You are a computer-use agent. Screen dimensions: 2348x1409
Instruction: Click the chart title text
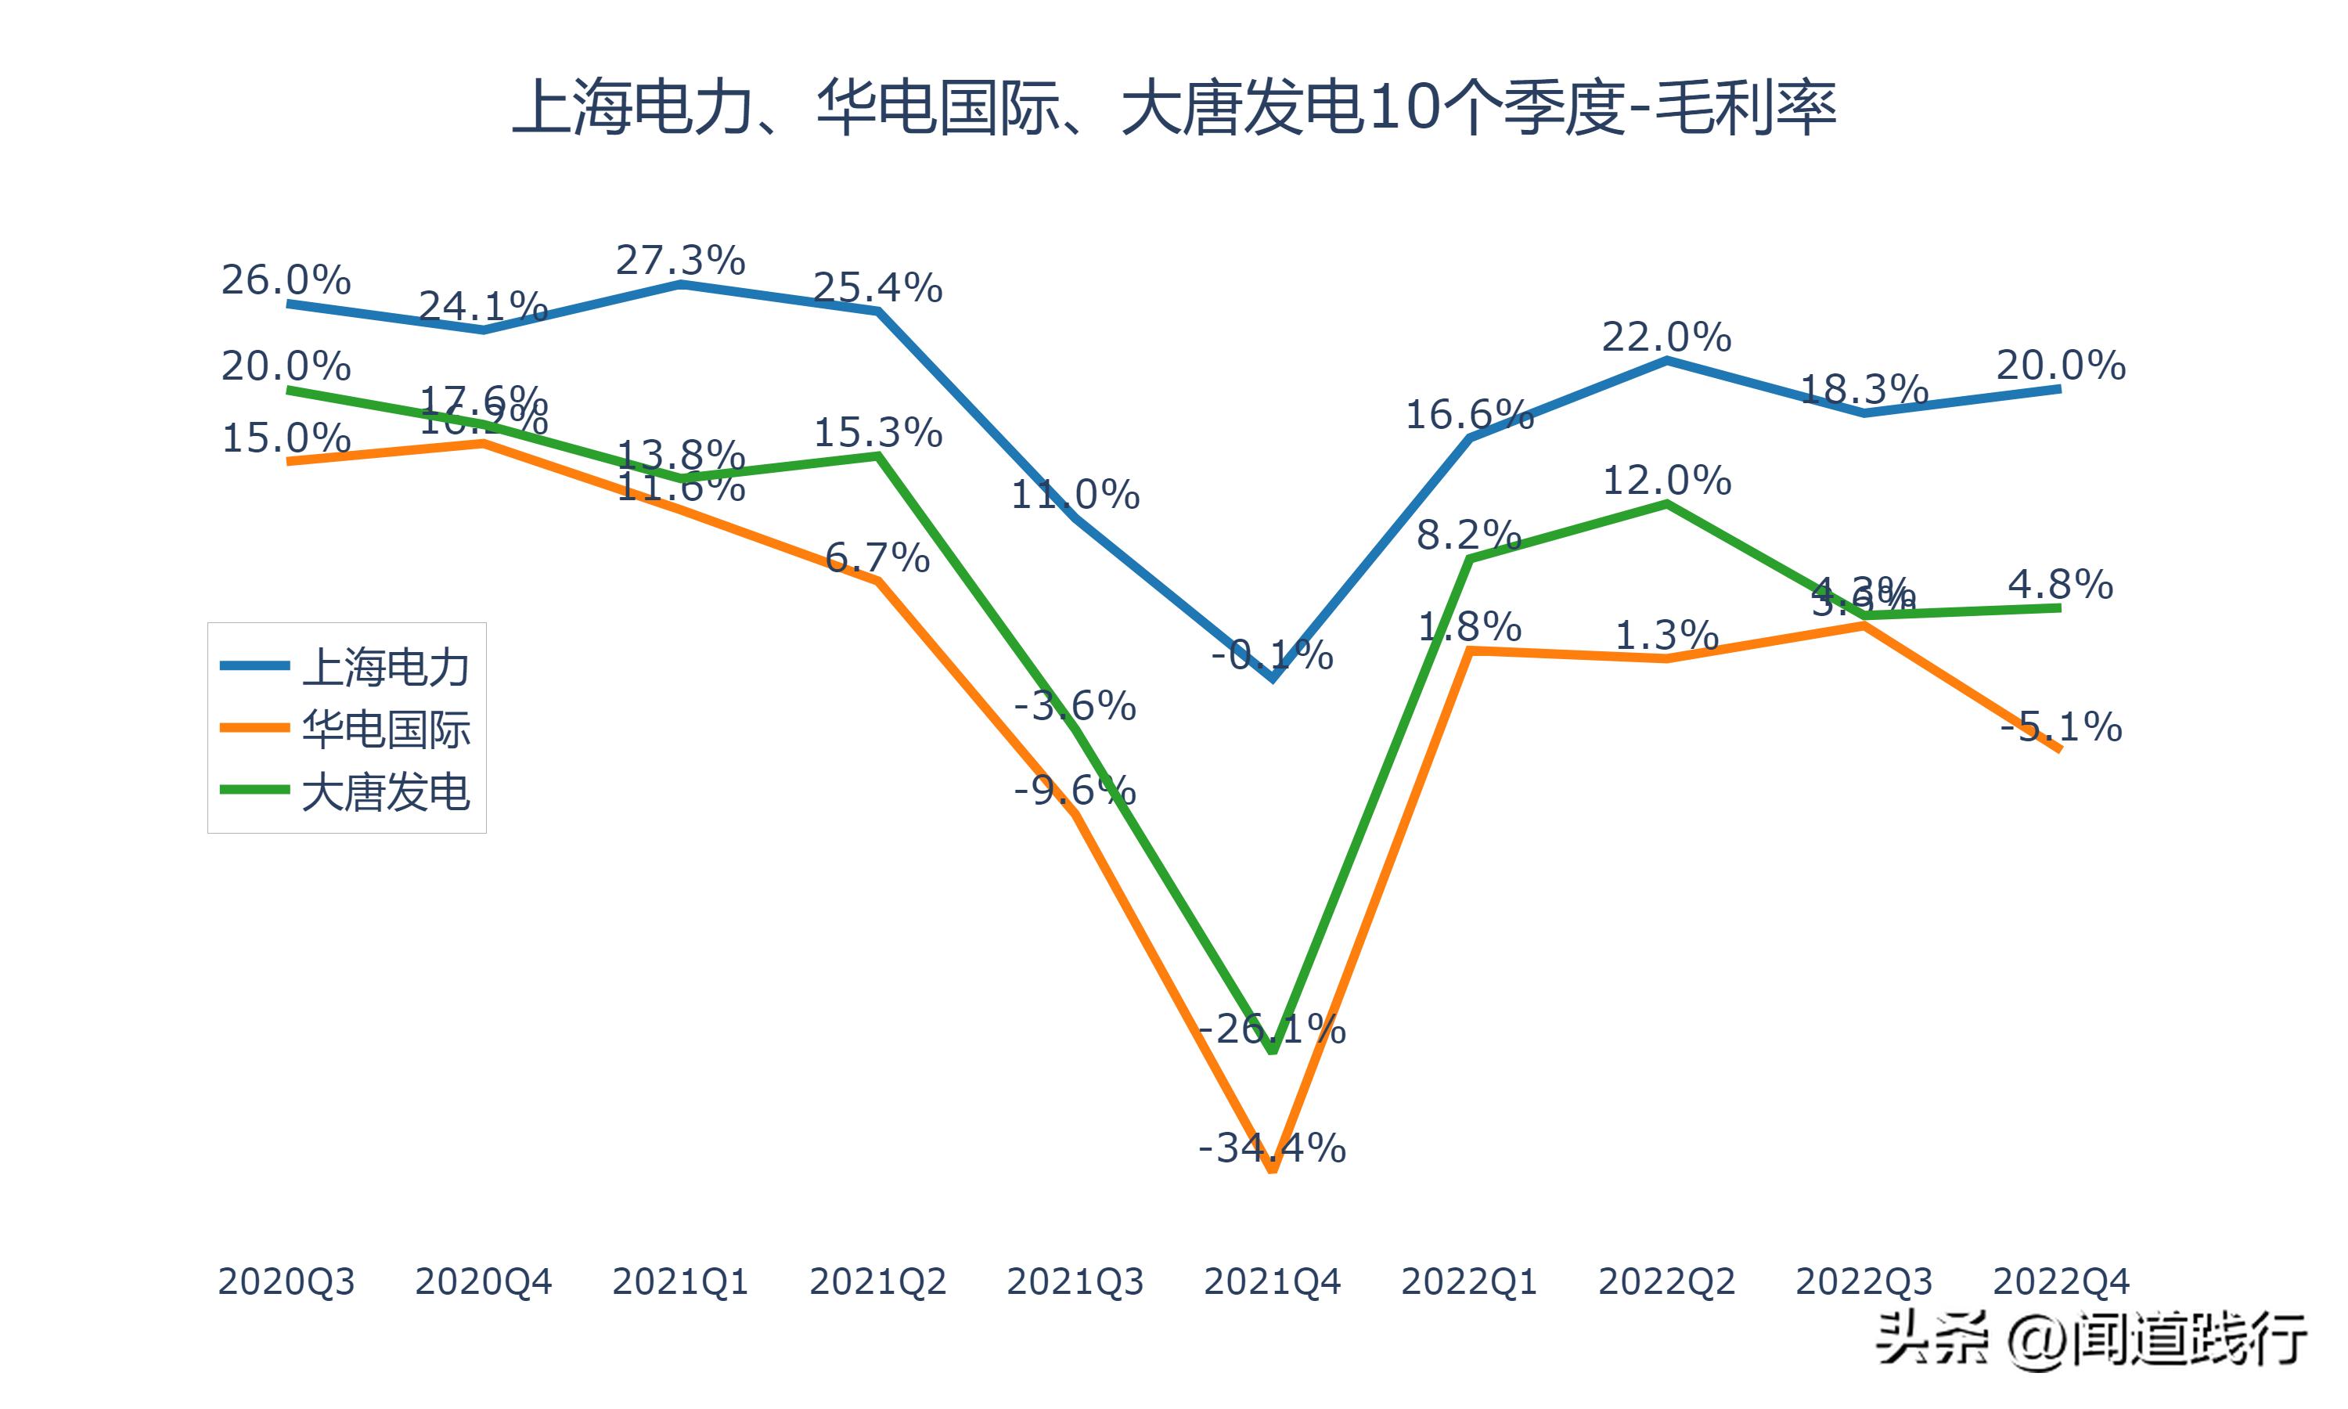click(1174, 108)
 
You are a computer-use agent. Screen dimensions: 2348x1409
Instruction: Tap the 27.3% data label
click(680, 260)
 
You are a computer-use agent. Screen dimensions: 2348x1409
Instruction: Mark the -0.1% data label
click(1272, 655)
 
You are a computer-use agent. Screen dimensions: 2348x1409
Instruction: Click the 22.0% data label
click(1666, 337)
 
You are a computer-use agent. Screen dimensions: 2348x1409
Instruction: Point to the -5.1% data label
click(2061, 727)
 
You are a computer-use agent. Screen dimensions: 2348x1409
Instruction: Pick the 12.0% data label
click(1666, 481)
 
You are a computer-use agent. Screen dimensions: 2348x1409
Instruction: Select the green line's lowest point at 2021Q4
click(1273, 1051)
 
